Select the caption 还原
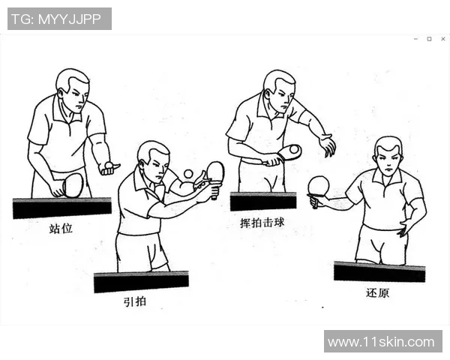tap(378, 292)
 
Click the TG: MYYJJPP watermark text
tap(59, 19)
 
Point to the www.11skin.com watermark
tap(381, 341)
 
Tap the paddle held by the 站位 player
tap(72, 184)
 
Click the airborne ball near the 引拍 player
tap(187, 174)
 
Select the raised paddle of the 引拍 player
tap(215, 172)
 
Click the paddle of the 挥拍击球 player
tap(289, 151)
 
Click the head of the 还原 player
tap(388, 156)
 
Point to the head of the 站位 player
tap(72, 88)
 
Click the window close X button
tap(441, 38)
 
